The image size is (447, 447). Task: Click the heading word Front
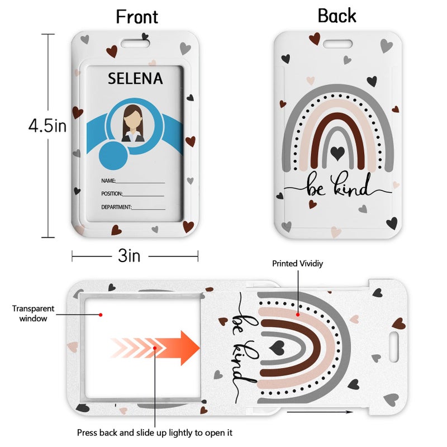[x=137, y=17]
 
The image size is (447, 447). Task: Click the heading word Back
[x=337, y=16]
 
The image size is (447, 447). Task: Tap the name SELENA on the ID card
[x=135, y=78]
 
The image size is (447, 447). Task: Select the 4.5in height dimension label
[x=47, y=126]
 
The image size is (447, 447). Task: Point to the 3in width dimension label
[x=129, y=256]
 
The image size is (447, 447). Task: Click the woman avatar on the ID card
[x=133, y=123]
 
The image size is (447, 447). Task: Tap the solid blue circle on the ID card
[x=113, y=156]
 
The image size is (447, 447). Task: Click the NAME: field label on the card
[x=108, y=180]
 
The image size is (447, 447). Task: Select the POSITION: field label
[x=112, y=194]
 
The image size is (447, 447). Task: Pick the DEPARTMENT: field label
[x=116, y=207]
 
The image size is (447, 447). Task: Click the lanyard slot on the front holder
[x=135, y=44]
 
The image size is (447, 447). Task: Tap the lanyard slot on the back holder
[x=337, y=44]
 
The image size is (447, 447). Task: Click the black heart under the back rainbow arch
[x=338, y=153]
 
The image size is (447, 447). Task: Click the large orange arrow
[x=155, y=348]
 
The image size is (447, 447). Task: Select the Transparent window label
[x=33, y=313]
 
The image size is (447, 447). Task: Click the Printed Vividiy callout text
[x=297, y=264]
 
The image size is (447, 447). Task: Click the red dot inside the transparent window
[x=101, y=315]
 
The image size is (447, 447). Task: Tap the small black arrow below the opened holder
[x=320, y=412]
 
